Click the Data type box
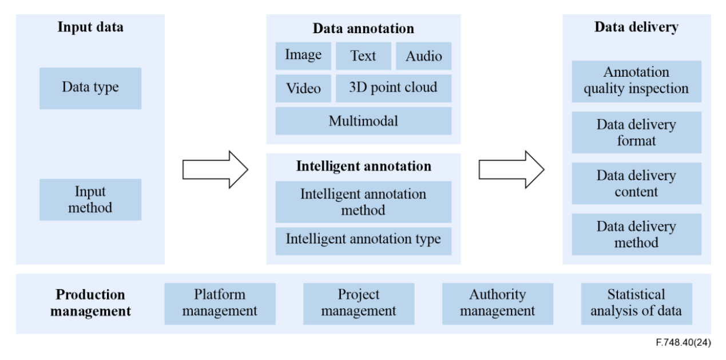(90, 88)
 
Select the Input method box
(90, 199)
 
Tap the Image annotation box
(303, 56)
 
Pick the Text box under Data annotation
(363, 56)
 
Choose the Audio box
(423, 56)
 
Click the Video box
(303, 88)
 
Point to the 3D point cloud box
(393, 88)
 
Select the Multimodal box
(363, 121)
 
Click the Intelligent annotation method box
(363, 202)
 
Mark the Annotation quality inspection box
(636, 81)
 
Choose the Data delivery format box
(636, 132)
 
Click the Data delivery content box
(636, 183)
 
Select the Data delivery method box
(636, 234)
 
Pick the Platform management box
(220, 303)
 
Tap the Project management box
(359, 303)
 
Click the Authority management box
(498, 303)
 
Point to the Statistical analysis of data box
(636, 303)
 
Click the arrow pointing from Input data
(215, 169)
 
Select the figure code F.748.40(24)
(684, 343)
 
